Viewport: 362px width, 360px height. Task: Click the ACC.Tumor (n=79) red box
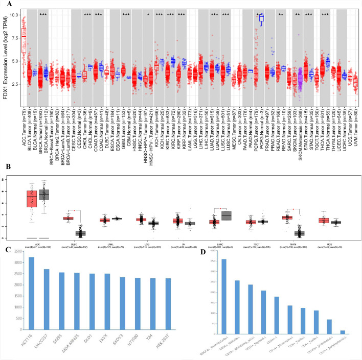pos(23,36)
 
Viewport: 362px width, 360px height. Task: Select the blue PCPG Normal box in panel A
pos(262,18)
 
